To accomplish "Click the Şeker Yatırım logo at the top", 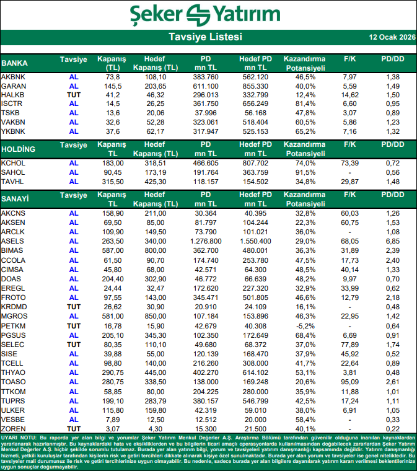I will click(x=208, y=13).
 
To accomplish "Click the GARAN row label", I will click(x=14, y=86).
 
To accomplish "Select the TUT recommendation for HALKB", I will click(x=74, y=94).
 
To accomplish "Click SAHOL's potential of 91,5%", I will click(x=304, y=172).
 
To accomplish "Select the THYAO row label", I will click(x=14, y=372).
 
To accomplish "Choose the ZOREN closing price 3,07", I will click(x=112, y=429).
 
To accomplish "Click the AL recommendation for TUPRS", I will click(x=74, y=400).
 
